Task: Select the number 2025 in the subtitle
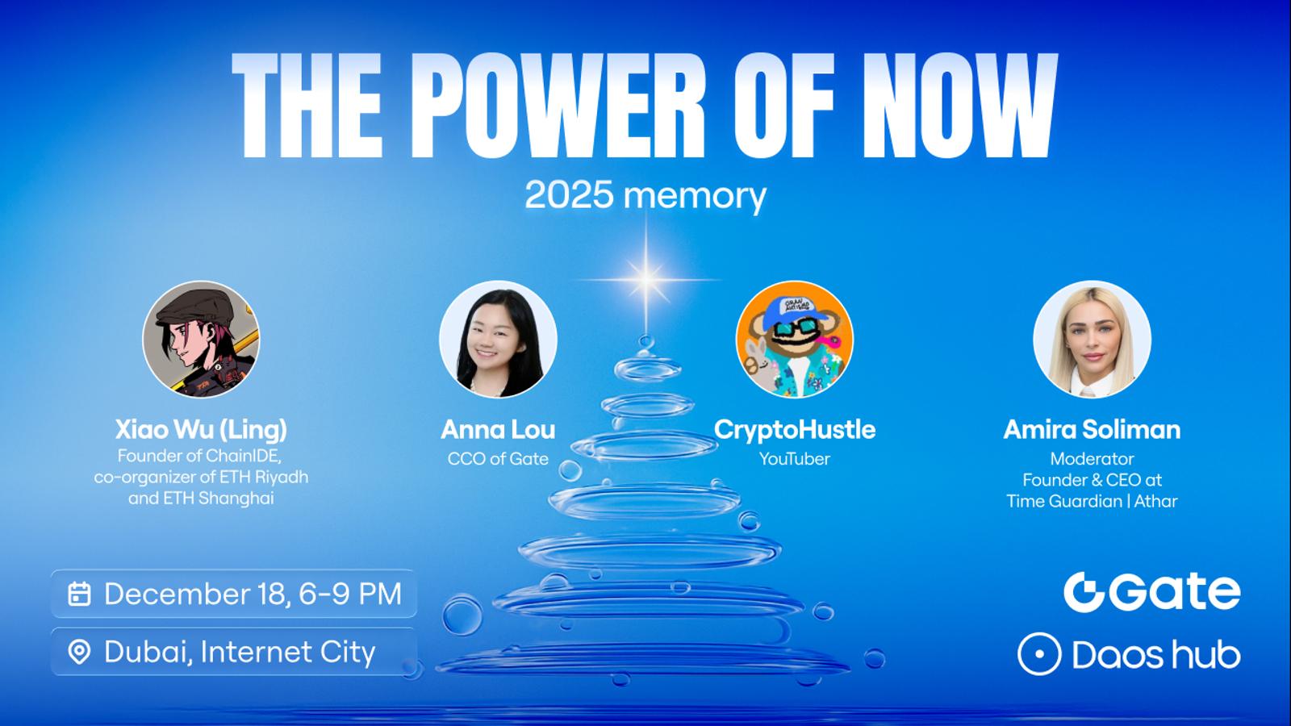click(x=569, y=195)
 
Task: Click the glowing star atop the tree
click(x=646, y=280)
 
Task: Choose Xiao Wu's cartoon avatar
click(x=201, y=339)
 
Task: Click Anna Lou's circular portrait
click(x=498, y=339)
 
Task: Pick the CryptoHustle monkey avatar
click(x=795, y=339)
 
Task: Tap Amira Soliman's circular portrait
click(x=1093, y=339)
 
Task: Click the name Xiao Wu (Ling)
click(x=201, y=430)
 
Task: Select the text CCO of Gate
click(x=498, y=459)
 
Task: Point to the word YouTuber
click(x=795, y=459)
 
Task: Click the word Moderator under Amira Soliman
click(x=1093, y=459)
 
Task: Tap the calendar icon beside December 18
click(x=80, y=594)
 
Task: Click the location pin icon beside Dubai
click(x=80, y=653)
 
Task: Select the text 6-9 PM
click(x=350, y=594)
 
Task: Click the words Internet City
click(x=288, y=653)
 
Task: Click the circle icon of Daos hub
click(x=1039, y=654)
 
